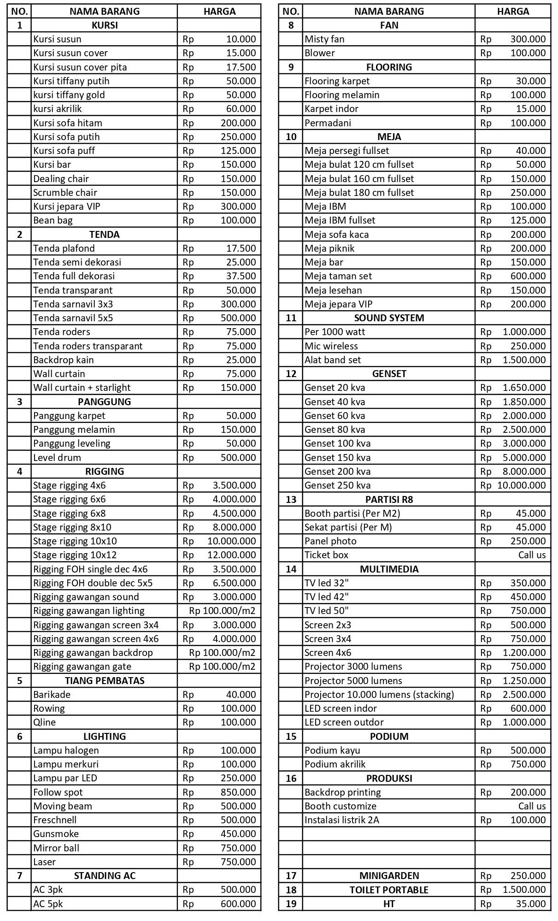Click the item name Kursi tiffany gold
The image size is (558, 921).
(69, 95)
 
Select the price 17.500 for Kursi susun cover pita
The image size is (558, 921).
(241, 67)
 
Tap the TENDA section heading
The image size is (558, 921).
(105, 235)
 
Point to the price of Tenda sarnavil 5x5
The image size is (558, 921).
(238, 318)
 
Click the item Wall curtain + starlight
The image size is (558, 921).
(82, 388)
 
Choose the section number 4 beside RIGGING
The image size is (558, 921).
(19, 472)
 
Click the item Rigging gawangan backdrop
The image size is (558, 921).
(93, 653)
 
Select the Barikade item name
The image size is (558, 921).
(52, 695)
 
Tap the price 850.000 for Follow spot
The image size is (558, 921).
(238, 792)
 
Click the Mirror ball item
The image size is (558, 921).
(56, 848)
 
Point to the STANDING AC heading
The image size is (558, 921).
(105, 876)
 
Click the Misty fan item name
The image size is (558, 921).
(324, 39)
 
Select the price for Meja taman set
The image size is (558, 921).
(528, 276)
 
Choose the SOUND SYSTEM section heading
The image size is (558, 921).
(389, 318)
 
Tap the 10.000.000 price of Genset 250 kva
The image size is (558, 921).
(521, 485)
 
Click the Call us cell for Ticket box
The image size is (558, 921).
(532, 555)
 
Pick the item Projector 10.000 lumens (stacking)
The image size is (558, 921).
(379, 695)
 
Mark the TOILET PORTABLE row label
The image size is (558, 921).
(389, 890)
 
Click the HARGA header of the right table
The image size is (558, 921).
(513, 12)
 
